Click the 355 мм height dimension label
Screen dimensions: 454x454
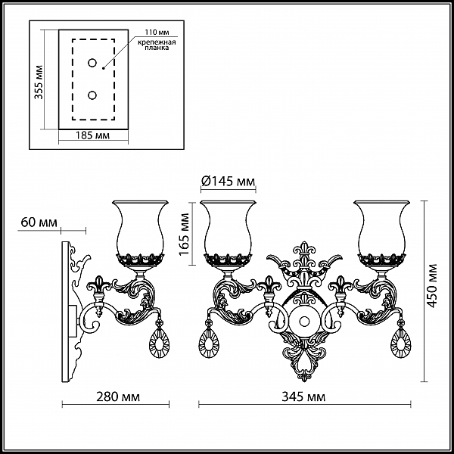39,82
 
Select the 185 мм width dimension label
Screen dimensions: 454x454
92,135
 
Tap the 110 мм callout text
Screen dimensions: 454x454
157,32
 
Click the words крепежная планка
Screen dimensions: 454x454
157,45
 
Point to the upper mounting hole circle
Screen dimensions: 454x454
92,63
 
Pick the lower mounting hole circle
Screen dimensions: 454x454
92,95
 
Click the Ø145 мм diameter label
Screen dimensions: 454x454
229,182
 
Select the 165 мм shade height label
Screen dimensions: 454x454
184,235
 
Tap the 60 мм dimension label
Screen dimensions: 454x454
39,222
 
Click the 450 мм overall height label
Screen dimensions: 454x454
432,285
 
